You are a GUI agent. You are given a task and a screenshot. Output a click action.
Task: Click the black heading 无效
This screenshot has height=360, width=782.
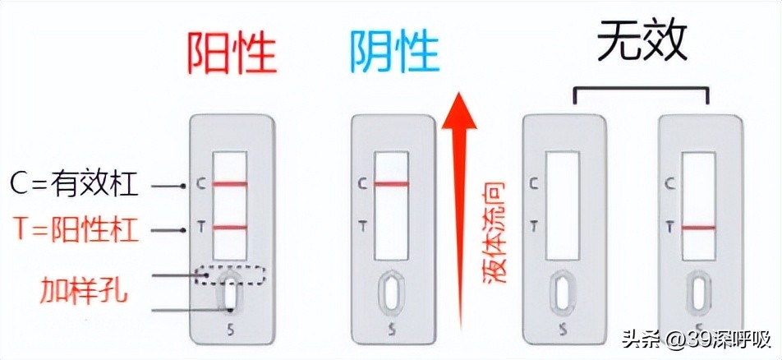[642, 41]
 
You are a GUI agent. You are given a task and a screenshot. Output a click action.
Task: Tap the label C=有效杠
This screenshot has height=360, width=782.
[75, 185]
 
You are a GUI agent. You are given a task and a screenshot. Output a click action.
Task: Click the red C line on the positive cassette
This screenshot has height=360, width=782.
[230, 184]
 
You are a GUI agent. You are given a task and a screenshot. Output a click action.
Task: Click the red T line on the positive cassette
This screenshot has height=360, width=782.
[230, 227]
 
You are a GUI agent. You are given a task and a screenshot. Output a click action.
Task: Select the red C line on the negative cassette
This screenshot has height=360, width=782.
[392, 184]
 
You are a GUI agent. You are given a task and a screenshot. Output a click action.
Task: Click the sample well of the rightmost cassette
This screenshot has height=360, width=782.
[698, 293]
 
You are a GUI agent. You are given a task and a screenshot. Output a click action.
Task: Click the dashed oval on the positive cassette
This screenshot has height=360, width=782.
[230, 276]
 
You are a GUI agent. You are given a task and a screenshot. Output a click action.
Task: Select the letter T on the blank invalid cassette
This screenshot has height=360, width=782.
[535, 225]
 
